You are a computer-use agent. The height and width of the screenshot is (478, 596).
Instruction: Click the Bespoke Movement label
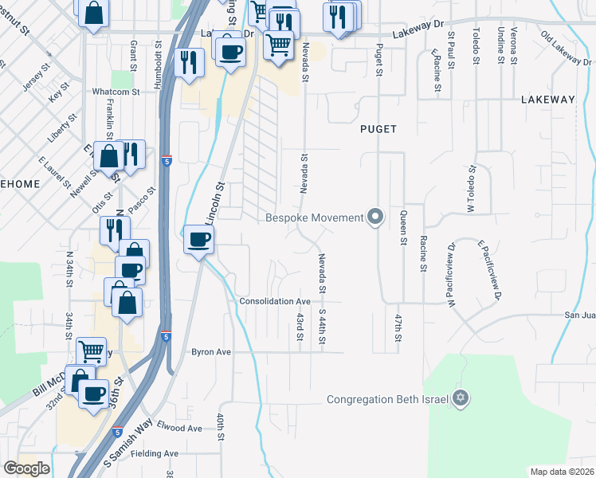coord(314,217)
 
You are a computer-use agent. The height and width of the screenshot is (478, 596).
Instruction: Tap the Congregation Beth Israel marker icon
coord(460,398)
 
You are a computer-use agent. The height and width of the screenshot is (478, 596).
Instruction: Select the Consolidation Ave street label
coord(275,302)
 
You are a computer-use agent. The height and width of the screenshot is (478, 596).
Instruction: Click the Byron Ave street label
coord(210,351)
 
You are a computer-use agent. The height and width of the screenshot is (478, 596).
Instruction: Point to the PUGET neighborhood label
coord(378,128)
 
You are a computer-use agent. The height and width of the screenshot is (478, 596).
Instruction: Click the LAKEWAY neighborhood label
coord(547,100)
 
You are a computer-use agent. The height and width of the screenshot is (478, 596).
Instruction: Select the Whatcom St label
coord(116,92)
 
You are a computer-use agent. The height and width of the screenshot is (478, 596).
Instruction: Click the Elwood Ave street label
coord(179,428)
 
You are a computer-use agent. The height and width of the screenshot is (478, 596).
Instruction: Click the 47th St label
coord(397,328)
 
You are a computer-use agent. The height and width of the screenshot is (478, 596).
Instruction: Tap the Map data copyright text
coord(563,472)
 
